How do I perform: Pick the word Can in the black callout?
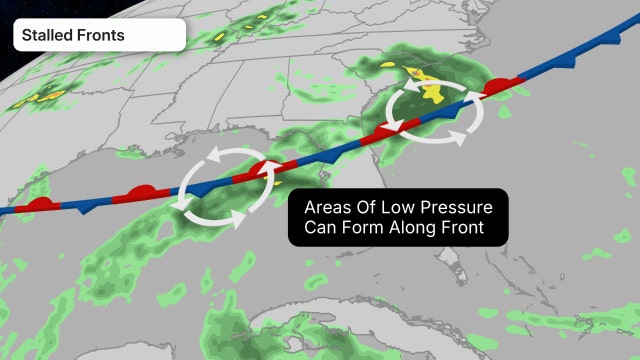point(322,229)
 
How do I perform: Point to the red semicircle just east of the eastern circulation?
point(497,88)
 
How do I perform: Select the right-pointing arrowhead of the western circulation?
point(240,217)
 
